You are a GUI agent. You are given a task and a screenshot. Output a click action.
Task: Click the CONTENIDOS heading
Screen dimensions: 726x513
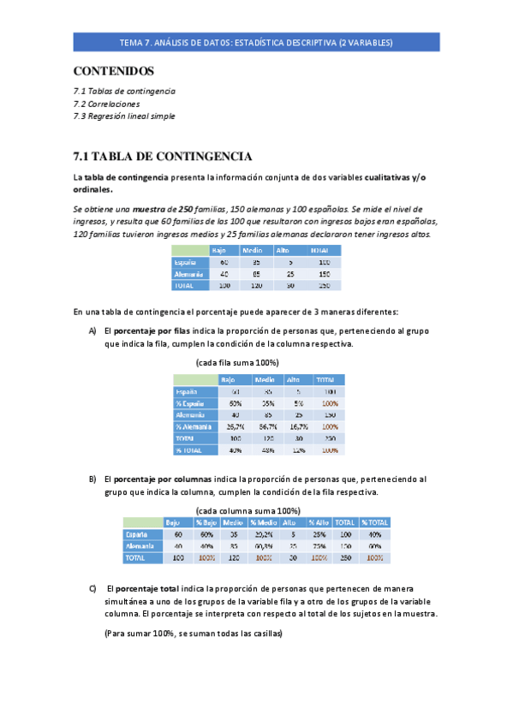point(114,70)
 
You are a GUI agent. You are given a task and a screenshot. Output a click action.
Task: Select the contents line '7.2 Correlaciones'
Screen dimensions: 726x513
point(107,104)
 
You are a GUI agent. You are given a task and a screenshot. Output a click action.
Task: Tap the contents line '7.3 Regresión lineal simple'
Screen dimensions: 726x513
point(124,116)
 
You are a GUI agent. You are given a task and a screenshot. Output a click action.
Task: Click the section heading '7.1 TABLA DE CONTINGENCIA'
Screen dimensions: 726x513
point(163,156)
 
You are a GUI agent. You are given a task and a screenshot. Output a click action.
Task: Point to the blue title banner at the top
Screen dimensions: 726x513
point(256,42)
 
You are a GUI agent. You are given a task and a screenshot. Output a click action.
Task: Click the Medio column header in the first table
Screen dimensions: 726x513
point(252,250)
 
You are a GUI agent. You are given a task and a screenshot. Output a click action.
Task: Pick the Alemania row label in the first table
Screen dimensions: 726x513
point(188,274)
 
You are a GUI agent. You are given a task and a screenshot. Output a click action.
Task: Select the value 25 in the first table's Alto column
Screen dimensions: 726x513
point(290,274)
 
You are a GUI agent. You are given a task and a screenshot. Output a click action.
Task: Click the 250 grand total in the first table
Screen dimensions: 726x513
point(324,286)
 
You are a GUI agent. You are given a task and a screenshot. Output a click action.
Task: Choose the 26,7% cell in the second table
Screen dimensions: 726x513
point(235,425)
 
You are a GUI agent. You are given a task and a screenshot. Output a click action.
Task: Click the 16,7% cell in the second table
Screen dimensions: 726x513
point(297,425)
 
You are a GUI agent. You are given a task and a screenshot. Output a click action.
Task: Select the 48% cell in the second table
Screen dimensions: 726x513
point(267,449)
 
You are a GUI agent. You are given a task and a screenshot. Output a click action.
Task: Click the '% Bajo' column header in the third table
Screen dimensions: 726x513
point(206,522)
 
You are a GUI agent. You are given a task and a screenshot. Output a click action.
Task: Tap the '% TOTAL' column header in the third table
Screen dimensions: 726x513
point(374,522)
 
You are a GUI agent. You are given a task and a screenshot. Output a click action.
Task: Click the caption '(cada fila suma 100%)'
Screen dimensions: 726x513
point(236,362)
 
